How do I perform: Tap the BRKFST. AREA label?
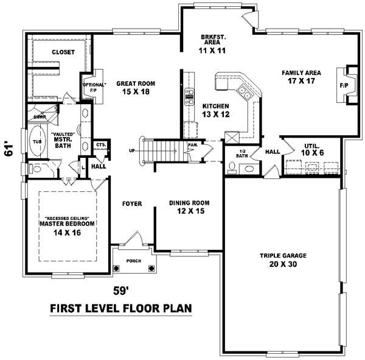[213, 44]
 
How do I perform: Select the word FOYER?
[131, 203]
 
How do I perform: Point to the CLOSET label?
[63, 52]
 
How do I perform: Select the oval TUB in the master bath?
[36, 142]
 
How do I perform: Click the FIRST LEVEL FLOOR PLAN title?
[120, 309]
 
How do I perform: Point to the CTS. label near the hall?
[101, 144]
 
